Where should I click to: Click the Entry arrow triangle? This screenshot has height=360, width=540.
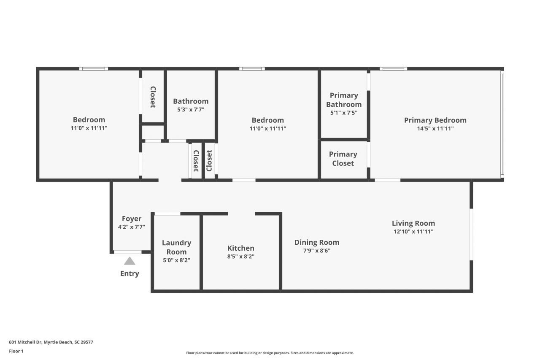pos(130,261)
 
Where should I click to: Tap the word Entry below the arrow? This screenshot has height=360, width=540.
pos(130,273)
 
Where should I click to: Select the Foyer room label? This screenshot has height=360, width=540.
pos(132,219)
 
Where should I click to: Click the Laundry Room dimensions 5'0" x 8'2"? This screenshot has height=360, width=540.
pos(176,260)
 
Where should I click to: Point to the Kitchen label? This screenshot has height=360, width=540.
pos(240,248)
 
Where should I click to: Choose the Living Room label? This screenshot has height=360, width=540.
pos(413,223)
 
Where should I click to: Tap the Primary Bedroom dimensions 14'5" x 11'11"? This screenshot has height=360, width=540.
pos(435,129)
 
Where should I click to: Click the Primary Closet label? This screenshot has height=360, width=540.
pos(343,159)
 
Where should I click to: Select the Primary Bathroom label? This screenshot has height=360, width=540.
pos(344,100)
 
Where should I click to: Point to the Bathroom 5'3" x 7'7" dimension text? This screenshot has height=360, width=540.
pos(191,110)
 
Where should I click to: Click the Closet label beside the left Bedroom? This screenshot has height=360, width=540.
pos(153,97)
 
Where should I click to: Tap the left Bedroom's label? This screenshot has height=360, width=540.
pos(89,119)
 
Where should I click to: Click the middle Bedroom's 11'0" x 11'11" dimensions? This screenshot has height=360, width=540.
pos(267,129)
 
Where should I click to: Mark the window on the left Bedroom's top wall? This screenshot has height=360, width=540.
pos(94,69)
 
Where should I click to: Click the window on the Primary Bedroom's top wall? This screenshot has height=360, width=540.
pos(393,69)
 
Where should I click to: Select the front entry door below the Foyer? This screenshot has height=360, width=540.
pos(128,252)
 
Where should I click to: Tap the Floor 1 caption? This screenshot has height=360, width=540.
pos(16,351)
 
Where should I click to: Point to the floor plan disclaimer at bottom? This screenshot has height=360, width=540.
pos(270,353)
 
